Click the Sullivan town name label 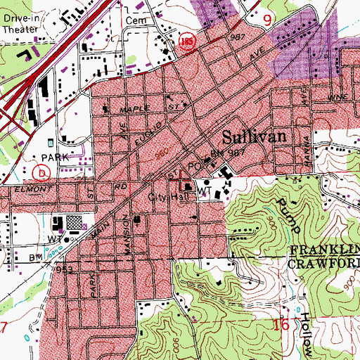pos(258,136)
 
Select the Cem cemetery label pos(134,21)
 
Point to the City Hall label pos(165,198)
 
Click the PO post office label pos(195,167)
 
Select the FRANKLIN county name pos(324,250)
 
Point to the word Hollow pos(304,330)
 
